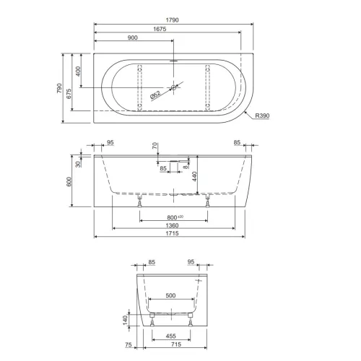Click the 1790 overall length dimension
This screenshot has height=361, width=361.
point(173,20)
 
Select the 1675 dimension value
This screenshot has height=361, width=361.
point(160,29)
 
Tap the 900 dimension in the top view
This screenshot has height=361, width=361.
point(133,38)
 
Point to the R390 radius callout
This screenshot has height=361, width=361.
point(262,116)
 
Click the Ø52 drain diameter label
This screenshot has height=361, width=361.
point(155,95)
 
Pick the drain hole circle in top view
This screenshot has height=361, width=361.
point(174,87)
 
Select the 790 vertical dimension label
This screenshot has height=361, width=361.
point(59,89)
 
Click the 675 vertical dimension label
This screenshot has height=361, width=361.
point(69,94)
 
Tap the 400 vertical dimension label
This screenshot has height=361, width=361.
point(78,71)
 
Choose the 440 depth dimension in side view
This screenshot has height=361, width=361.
point(194,176)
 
